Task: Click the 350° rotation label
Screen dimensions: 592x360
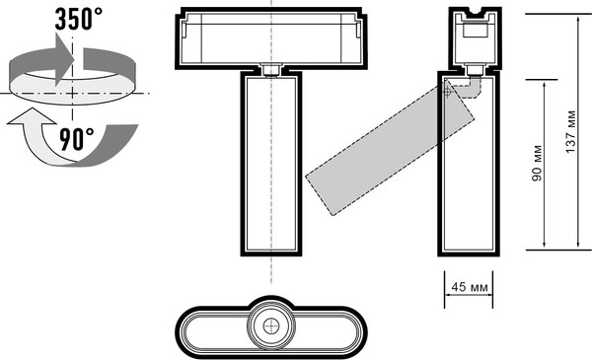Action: (79, 19)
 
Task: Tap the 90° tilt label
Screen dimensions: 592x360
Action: (76, 139)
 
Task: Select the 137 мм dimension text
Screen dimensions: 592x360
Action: (570, 132)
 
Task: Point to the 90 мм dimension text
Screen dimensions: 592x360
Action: (537, 163)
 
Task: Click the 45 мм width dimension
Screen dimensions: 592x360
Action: (470, 287)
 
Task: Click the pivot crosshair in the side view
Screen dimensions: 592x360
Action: (447, 91)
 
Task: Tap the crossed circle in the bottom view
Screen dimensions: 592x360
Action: (271, 326)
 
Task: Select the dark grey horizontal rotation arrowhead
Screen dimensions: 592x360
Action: (64, 59)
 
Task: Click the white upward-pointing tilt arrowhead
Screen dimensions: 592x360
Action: (32, 115)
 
